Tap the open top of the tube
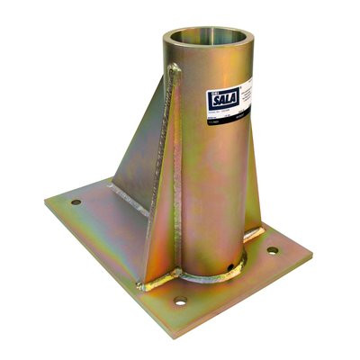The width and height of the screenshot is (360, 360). pyautogui.click(x=205, y=40)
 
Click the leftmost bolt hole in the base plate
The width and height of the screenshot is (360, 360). pyautogui.click(x=76, y=202)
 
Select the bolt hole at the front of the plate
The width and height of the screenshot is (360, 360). pyautogui.click(x=180, y=301)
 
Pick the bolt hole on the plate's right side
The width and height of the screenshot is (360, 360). pyautogui.click(x=272, y=250)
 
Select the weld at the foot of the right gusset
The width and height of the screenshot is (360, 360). pyautogui.click(x=257, y=233)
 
